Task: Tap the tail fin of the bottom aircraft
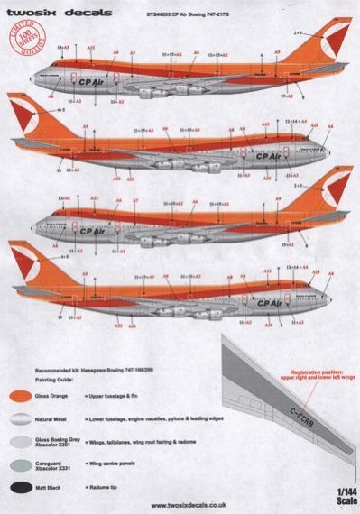(30, 262)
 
